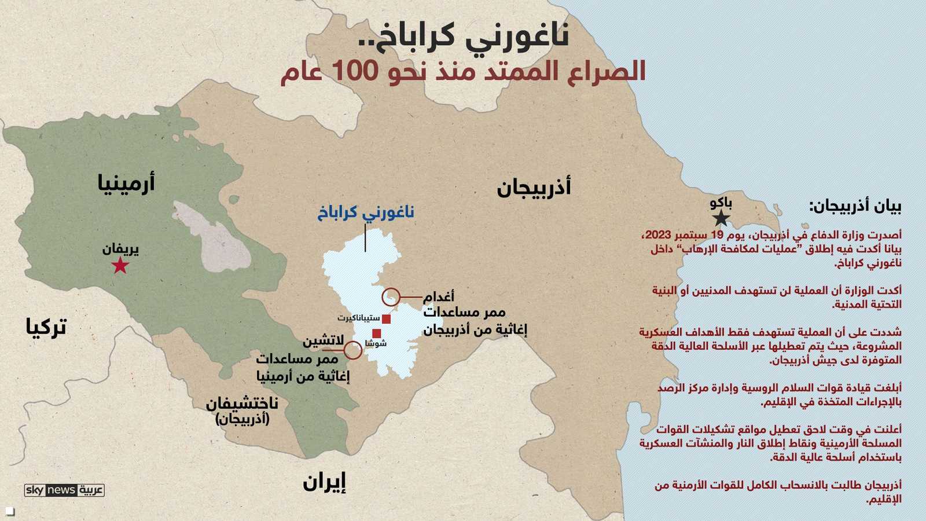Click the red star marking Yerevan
pos(120,266)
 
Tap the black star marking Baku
pos(721,219)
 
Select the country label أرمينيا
pos(126,183)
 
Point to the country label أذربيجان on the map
pos(534,188)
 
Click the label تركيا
pos(46,327)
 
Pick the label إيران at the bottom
pos(324,482)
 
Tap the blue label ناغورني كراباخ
pos(366,212)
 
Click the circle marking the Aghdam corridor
pos(391,297)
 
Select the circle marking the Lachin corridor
pos(353,350)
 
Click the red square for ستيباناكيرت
pos(387,319)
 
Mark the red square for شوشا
pos(377,333)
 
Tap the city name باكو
pos(721,203)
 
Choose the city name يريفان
pos(120,250)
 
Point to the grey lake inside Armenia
pos(211,237)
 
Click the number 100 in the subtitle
pos(354,71)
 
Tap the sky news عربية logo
pos(64,490)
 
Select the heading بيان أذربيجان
pos(855,206)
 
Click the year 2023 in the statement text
pos(658,235)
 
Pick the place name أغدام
pos(439,297)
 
